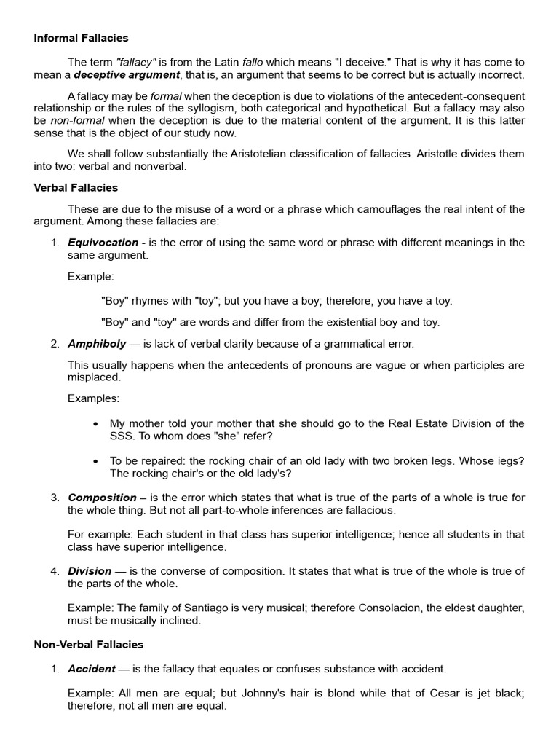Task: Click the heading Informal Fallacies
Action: tap(81, 37)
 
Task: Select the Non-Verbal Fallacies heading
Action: tap(89, 644)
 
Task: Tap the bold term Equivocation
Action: tap(103, 243)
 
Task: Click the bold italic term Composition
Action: tap(102, 498)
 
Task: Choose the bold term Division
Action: tap(90, 570)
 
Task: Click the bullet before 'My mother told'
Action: tap(98, 423)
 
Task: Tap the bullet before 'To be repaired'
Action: tap(98, 460)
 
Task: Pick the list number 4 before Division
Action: tap(55, 570)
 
